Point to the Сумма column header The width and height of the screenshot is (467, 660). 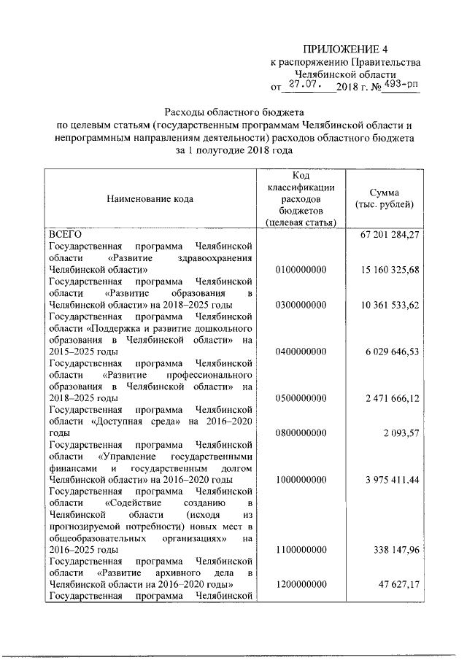click(x=382, y=198)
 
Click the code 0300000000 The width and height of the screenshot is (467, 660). click(x=301, y=305)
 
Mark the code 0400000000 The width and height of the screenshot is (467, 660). click(x=301, y=352)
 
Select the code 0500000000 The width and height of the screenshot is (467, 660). click(x=301, y=398)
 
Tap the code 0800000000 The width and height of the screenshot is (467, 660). click(x=301, y=433)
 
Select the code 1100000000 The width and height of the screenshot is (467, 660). click(x=301, y=550)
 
